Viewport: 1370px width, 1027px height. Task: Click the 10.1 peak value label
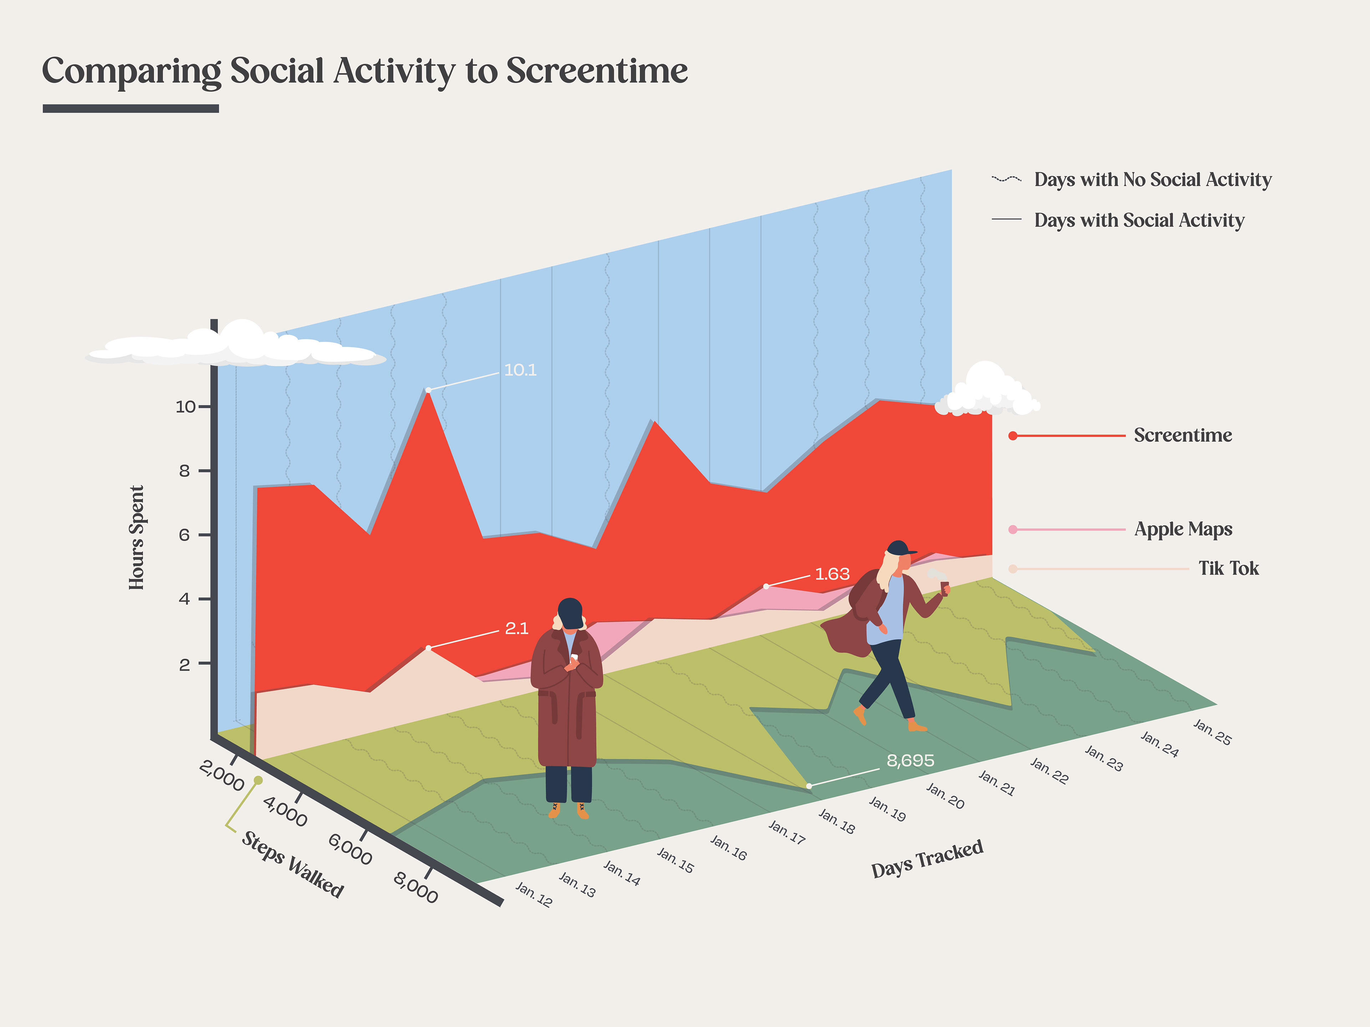(x=520, y=370)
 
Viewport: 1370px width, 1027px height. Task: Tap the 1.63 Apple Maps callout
(x=832, y=574)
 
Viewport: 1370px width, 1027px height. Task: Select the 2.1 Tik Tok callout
(x=517, y=628)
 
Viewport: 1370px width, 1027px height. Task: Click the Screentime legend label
(x=1183, y=435)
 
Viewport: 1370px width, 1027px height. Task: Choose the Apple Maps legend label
(x=1183, y=529)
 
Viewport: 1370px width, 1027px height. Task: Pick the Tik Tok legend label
(x=1228, y=568)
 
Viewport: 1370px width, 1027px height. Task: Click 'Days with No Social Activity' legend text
(x=1153, y=179)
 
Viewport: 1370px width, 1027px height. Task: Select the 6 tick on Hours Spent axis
(x=184, y=535)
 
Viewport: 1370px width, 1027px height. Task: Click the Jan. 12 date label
(x=534, y=894)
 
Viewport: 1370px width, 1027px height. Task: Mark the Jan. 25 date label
(x=1212, y=732)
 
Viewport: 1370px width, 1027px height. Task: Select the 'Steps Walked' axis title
(x=292, y=864)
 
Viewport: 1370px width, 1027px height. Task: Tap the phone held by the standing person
(x=574, y=657)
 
